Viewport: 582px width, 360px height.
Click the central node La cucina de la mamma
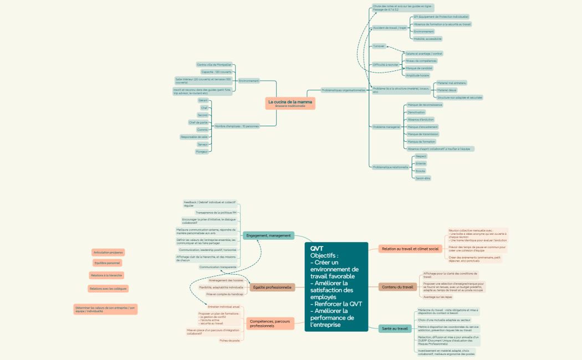[290, 103]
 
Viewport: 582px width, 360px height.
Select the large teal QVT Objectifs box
[336, 287]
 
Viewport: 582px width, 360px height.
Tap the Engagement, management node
[268, 235]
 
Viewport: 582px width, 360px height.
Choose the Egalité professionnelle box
[272, 287]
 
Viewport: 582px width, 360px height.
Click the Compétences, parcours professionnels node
[270, 323]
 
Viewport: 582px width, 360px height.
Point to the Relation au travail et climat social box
[410, 249]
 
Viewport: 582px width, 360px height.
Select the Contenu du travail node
[397, 287]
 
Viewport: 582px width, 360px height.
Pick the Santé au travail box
[395, 328]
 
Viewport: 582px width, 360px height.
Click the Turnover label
[379, 46]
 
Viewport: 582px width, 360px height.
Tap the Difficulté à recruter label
[385, 65]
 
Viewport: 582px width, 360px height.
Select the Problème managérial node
[386, 127]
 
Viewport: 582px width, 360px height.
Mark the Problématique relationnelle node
[390, 167]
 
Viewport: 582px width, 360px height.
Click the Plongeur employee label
[202, 151]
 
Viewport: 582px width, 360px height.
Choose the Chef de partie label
[198, 122]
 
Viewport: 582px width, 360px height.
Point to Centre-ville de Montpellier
[214, 65]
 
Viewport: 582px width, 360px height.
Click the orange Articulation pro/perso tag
[108, 253]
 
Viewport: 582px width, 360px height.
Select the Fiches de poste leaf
[229, 341]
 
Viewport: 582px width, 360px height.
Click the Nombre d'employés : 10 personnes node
[237, 126]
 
